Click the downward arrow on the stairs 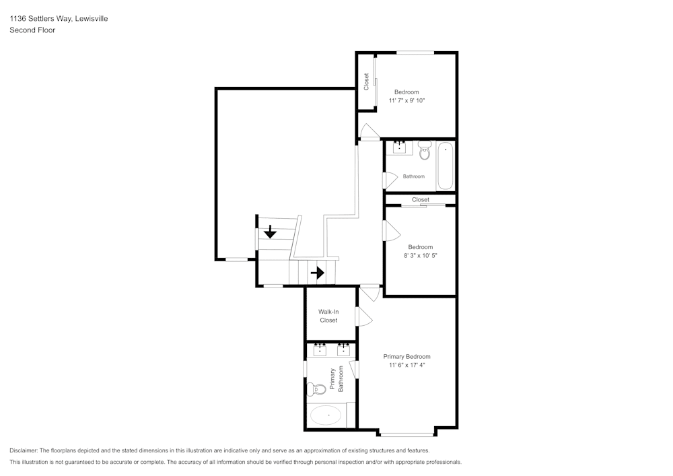click(x=270, y=232)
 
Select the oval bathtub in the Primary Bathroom click(x=326, y=415)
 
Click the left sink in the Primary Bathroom click(x=320, y=349)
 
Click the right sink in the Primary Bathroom click(x=344, y=349)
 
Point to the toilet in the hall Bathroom click(x=425, y=151)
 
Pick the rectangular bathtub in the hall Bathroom click(x=445, y=165)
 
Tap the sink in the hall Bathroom click(x=399, y=147)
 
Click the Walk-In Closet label click(x=328, y=316)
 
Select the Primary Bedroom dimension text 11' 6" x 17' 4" click(x=406, y=365)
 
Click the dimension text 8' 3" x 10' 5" click(x=420, y=255)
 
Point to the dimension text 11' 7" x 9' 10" click(x=406, y=100)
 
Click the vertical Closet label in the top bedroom click(x=366, y=81)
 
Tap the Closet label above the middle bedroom click(x=421, y=199)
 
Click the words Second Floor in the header click(x=32, y=30)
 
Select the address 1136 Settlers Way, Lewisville click(x=59, y=19)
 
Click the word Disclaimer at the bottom click(x=24, y=450)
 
